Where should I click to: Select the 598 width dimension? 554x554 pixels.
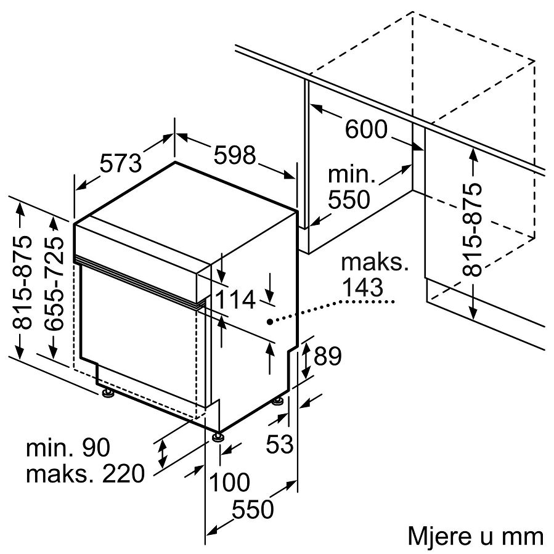pos(235,155)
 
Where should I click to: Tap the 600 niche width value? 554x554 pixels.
pos(366,129)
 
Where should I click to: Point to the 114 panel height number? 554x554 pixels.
pos(235,300)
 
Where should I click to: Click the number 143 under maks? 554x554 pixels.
pos(362,288)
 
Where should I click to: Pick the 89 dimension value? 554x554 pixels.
pos(328,356)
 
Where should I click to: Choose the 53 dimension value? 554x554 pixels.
pos(280,444)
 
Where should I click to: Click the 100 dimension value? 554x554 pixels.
pos(230,482)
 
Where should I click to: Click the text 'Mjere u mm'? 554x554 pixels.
pos(475,536)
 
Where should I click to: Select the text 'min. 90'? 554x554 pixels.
pos(68,447)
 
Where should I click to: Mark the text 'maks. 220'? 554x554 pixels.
pos(86,473)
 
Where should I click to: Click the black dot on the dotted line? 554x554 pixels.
pos(269,322)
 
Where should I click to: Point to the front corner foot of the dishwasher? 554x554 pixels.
pos(216,436)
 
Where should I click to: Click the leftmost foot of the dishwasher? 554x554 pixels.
pos(107,394)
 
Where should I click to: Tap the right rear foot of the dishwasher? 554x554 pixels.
pos(278,401)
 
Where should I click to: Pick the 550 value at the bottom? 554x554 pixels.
pos(253,509)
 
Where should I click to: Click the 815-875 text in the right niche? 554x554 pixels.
pos(472,230)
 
